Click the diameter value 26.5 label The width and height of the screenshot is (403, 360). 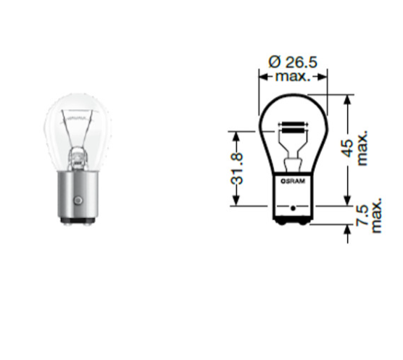tap(302, 62)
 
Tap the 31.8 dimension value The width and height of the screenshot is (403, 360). tap(237, 169)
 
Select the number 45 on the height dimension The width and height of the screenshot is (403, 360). tap(347, 148)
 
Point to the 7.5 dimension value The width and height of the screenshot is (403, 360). tap(362, 215)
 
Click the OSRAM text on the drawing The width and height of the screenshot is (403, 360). tap(293, 181)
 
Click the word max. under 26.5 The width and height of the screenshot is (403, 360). tap(293, 77)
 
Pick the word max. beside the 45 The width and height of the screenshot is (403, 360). tap(362, 148)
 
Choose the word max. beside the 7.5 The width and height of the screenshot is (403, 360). tap(376, 215)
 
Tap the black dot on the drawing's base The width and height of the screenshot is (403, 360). tap(293, 208)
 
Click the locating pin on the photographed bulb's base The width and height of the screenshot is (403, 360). tap(78, 200)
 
